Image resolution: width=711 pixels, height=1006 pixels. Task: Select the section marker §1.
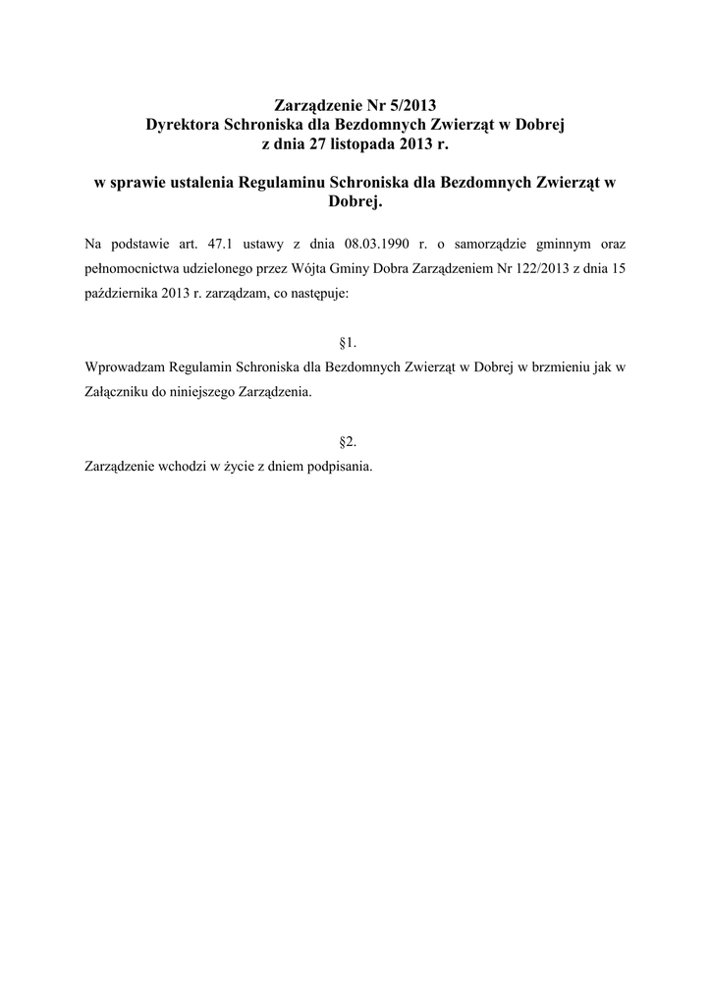coord(347,342)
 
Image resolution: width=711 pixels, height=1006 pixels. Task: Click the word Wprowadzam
coord(125,367)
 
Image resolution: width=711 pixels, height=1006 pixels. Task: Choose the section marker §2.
coord(347,442)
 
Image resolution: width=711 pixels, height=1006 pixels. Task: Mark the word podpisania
coord(339,467)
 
